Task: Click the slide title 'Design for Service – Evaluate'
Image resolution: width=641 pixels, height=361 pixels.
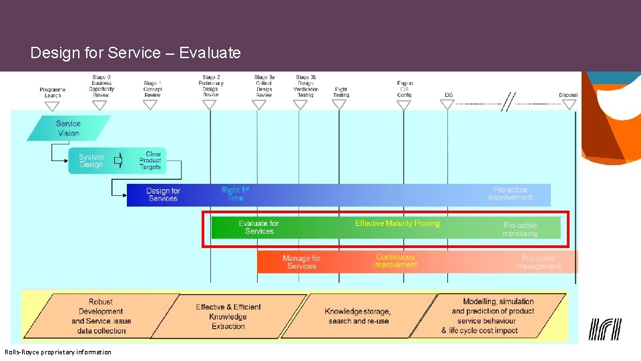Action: click(x=135, y=53)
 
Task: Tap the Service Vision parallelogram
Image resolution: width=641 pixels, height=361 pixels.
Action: click(x=68, y=128)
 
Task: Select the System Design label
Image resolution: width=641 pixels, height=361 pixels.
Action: click(x=91, y=161)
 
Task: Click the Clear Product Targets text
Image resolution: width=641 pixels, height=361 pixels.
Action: click(x=151, y=160)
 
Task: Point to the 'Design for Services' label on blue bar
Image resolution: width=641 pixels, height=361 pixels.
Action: click(x=163, y=195)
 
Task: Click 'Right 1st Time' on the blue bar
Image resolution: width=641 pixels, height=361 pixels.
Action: click(x=235, y=194)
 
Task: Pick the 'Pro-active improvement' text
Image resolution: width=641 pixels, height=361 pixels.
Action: click(x=510, y=194)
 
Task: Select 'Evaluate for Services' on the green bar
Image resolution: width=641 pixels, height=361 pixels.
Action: click(x=259, y=227)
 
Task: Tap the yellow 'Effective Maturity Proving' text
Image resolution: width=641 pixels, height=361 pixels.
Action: click(x=397, y=223)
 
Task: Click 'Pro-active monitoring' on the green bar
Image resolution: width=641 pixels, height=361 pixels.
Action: click(x=520, y=229)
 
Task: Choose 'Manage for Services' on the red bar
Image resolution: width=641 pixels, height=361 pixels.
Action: click(x=301, y=262)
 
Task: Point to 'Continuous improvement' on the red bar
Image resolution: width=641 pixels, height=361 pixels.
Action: click(x=395, y=261)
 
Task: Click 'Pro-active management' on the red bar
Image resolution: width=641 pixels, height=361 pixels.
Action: click(x=538, y=262)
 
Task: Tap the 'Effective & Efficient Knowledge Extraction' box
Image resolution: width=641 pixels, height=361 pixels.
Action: click(x=228, y=316)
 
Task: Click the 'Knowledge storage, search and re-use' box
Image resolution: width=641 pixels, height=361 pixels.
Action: click(x=358, y=316)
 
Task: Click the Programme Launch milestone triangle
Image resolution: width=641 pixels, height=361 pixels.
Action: click(x=52, y=105)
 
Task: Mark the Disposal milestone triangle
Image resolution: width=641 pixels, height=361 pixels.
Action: click(x=568, y=104)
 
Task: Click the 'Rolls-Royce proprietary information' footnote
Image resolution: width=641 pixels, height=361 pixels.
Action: click(x=58, y=352)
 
